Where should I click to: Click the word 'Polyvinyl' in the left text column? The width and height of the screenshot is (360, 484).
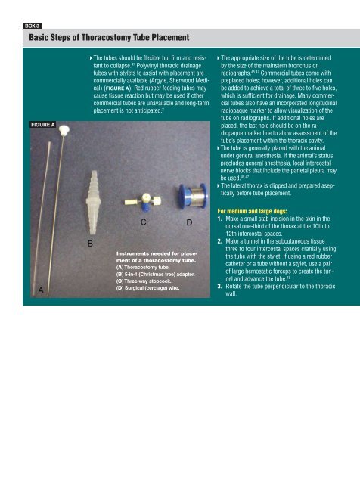point(147,66)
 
